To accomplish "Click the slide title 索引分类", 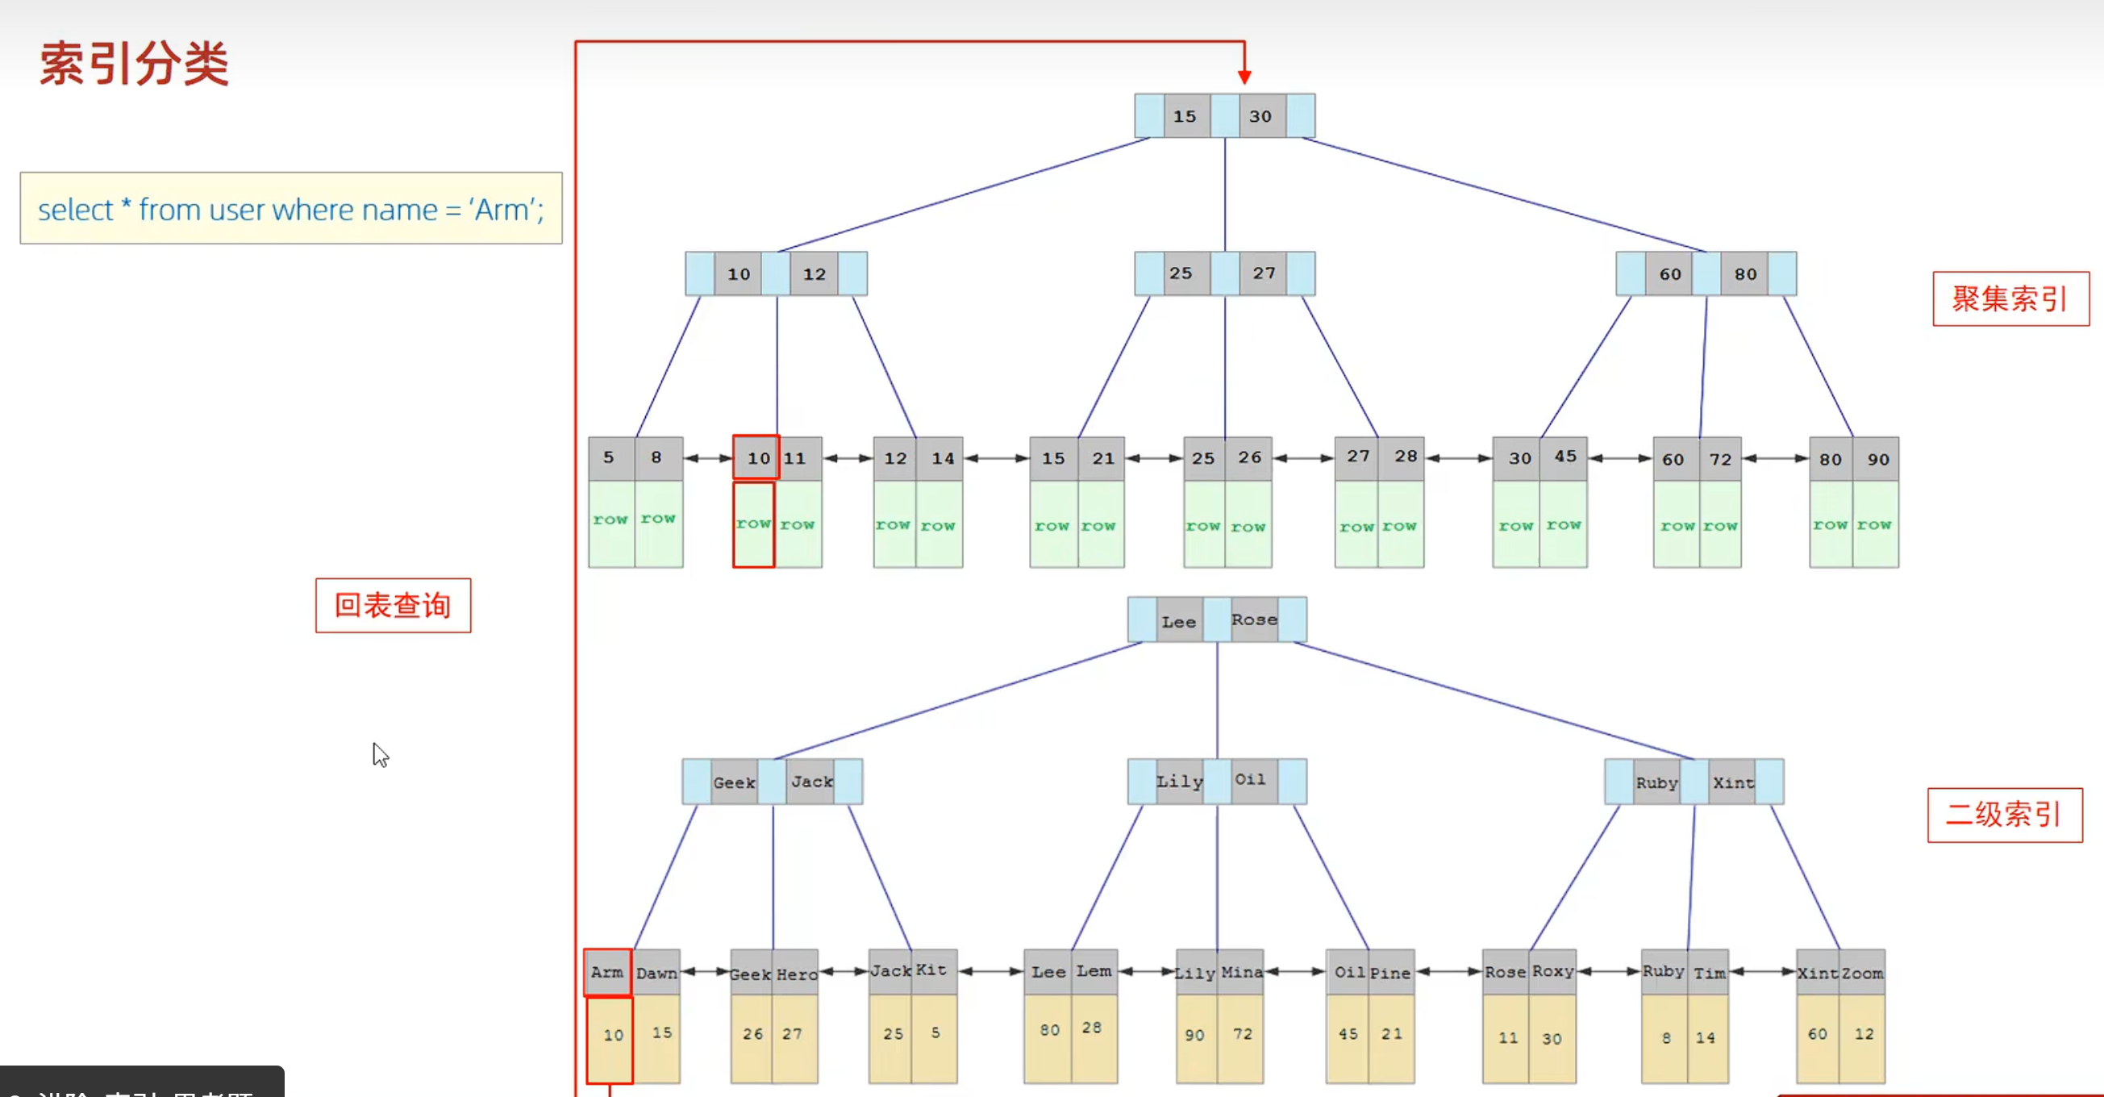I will click(x=134, y=64).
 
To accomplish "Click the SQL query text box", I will click(x=291, y=208).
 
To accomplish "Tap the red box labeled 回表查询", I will click(x=393, y=605).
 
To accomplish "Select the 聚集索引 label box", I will click(x=2010, y=299).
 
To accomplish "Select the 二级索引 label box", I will click(x=2004, y=815).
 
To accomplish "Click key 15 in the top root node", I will click(x=1185, y=116).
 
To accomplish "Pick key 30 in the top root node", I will click(x=1260, y=116).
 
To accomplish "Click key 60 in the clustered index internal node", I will click(x=1669, y=274).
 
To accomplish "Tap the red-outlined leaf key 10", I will click(x=756, y=457).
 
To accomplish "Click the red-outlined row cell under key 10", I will click(x=753, y=524).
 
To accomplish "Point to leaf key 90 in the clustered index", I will click(x=1877, y=459).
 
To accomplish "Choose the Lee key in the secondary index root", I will click(x=1178, y=622).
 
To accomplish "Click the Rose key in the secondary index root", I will click(x=1254, y=620).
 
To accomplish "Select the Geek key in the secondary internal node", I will click(x=734, y=782).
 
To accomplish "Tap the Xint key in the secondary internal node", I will click(x=1732, y=782).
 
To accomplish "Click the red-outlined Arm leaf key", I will click(x=608, y=972).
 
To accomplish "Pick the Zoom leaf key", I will click(x=1862, y=973).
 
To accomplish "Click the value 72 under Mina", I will click(x=1242, y=1034).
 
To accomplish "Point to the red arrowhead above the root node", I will click(x=1244, y=77).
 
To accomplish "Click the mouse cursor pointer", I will click(x=379, y=753).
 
